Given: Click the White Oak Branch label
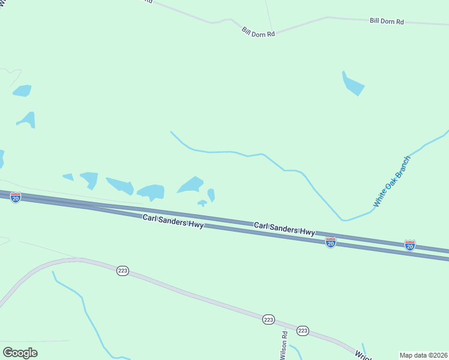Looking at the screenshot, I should pyautogui.click(x=392, y=181).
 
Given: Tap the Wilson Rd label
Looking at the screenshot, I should pyautogui.click(x=284, y=345).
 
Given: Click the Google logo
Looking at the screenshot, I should pyautogui.click(x=20, y=352).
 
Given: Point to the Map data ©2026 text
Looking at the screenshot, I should pyautogui.click(x=423, y=355).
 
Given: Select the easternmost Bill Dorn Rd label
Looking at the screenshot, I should pyautogui.click(x=387, y=21).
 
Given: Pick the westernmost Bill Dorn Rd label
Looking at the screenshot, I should pyautogui.click(x=258, y=31).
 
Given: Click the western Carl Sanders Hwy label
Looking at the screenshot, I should pyautogui.click(x=173, y=221).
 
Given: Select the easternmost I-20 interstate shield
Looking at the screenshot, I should pyautogui.click(x=409, y=245).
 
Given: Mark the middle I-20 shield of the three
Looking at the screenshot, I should pyautogui.click(x=330, y=242).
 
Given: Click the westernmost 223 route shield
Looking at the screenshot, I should pyautogui.click(x=122, y=271).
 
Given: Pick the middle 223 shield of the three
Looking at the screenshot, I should pyautogui.click(x=268, y=320).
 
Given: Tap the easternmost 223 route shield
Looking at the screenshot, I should pyautogui.click(x=303, y=331).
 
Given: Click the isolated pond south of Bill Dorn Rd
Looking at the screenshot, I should pyautogui.click(x=353, y=85).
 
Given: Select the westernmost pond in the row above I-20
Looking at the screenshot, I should pyautogui.click(x=68, y=177).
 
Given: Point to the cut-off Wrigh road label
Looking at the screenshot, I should pyautogui.click(x=363, y=355).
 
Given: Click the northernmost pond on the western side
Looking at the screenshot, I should pyautogui.click(x=22, y=91).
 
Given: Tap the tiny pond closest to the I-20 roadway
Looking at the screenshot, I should pyautogui.click(x=202, y=203).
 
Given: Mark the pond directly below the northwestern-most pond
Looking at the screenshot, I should pyautogui.click(x=27, y=119).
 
